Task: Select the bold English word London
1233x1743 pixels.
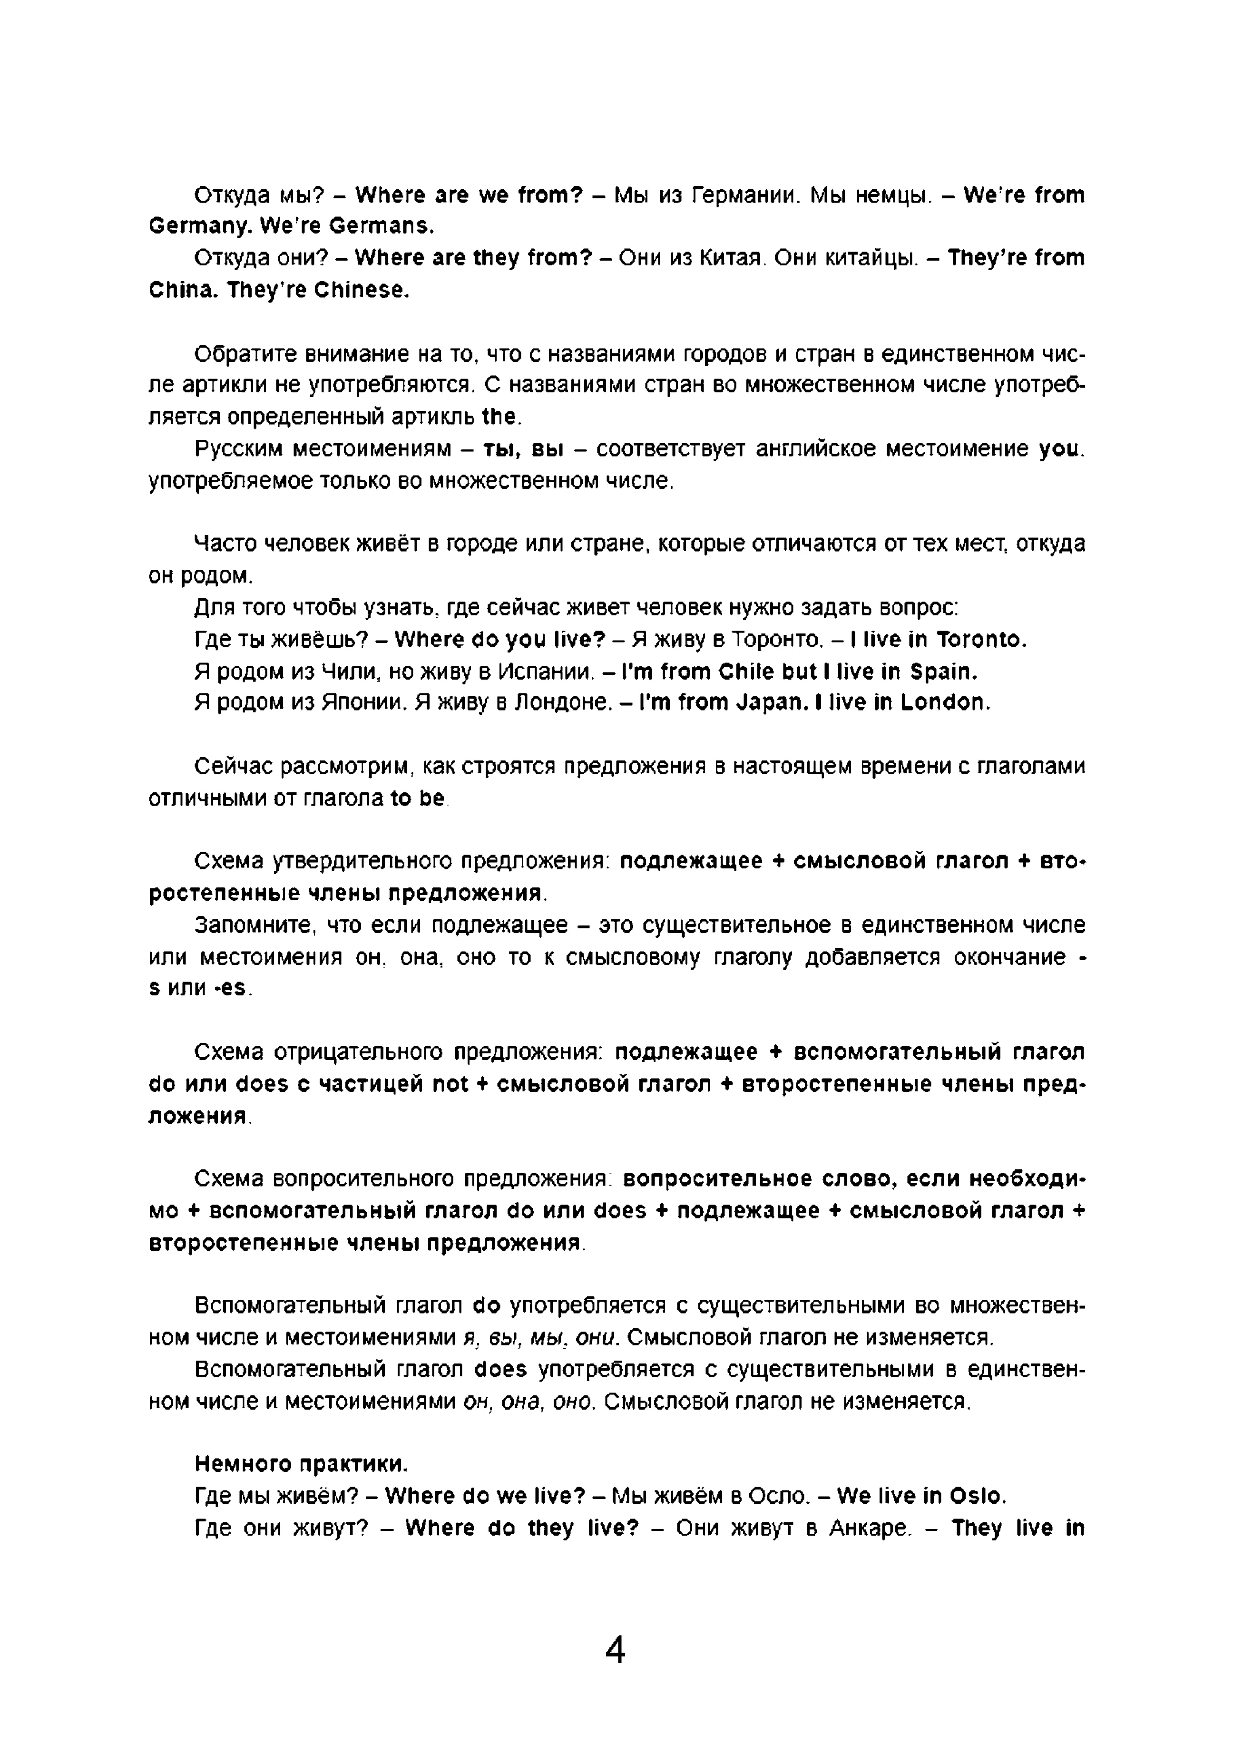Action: click(944, 702)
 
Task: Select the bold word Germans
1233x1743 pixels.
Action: click(383, 226)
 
